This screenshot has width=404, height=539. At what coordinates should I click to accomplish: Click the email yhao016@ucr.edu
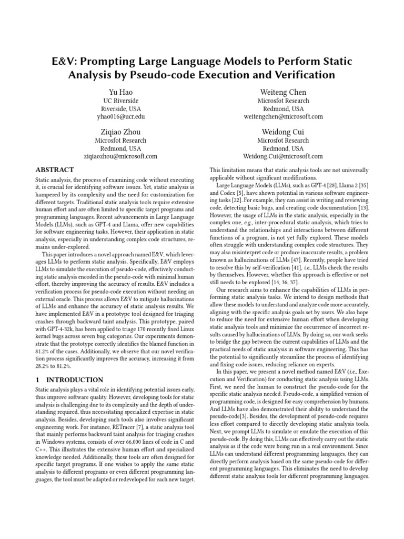point(120,116)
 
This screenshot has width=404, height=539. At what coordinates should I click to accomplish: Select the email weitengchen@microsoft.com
point(283,116)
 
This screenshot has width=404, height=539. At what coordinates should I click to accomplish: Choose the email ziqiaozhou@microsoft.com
point(120,156)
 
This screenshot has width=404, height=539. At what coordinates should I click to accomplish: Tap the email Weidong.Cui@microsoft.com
point(283,156)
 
